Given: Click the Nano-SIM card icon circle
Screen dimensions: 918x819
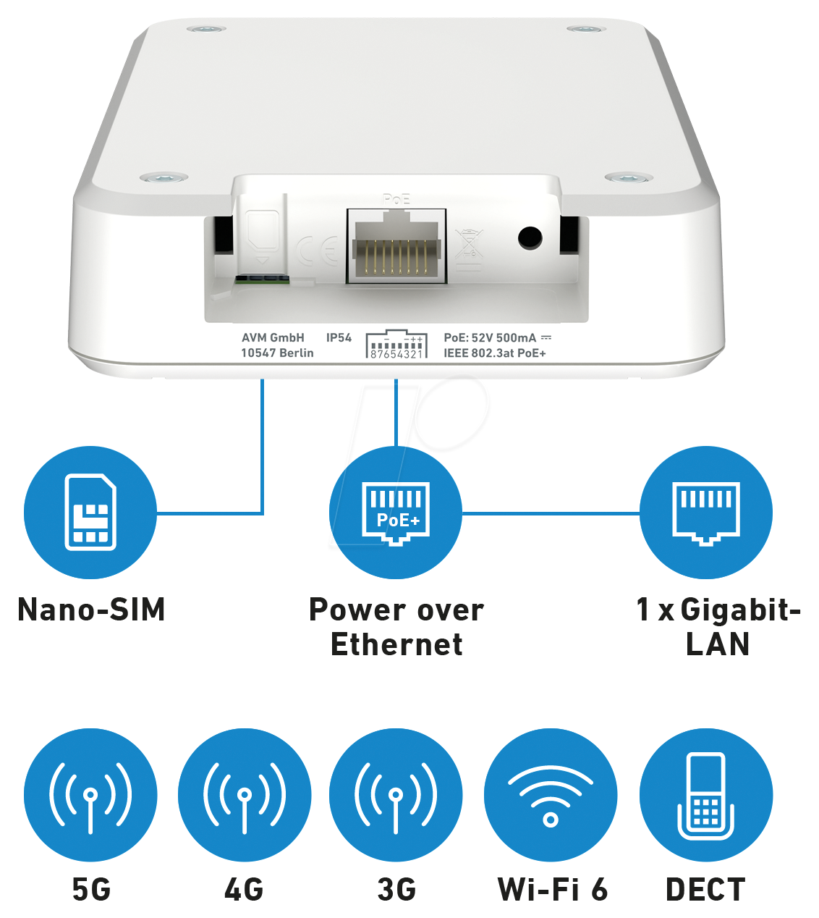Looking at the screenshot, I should (x=90, y=513).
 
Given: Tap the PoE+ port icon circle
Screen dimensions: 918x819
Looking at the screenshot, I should (x=396, y=513).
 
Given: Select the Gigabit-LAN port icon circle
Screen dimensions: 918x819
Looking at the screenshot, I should (x=706, y=513).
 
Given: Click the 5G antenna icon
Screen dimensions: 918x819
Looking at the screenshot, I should (x=90, y=795).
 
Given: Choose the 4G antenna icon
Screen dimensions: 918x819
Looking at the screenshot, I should (x=245, y=795).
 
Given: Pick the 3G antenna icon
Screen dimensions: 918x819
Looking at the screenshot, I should (x=396, y=795).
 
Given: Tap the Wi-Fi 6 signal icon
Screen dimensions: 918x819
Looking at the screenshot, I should (x=551, y=795).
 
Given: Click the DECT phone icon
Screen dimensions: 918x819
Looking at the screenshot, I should (x=706, y=795).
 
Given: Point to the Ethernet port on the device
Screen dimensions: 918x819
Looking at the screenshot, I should (x=396, y=246).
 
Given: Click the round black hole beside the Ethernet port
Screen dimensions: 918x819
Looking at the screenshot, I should (x=530, y=237).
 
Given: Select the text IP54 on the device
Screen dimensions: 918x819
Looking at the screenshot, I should (x=339, y=337).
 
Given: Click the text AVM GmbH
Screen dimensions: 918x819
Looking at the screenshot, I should (x=273, y=337).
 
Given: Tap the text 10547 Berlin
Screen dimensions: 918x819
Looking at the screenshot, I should (x=277, y=353).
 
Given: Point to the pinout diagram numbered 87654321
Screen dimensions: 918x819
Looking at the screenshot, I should (x=396, y=345).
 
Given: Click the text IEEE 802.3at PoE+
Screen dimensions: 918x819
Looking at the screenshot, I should (x=495, y=353).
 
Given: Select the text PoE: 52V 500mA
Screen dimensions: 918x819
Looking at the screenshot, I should (x=491, y=337).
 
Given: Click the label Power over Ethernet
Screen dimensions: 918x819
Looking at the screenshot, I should (x=396, y=627).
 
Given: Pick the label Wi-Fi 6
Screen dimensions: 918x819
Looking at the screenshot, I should (x=553, y=890).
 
